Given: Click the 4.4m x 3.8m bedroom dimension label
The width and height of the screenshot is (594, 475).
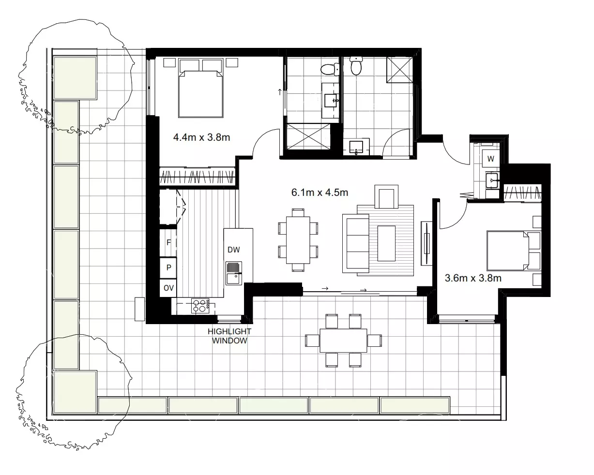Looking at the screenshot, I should [201, 137].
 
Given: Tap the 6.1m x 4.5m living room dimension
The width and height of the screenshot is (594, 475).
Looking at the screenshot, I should [320, 192].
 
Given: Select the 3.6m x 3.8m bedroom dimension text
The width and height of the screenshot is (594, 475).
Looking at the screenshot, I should [472, 278].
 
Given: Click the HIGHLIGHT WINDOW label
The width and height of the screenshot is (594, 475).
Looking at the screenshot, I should [229, 336].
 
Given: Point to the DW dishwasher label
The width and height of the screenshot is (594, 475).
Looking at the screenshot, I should [234, 250].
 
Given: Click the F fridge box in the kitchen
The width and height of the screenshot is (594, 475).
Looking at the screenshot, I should [168, 242].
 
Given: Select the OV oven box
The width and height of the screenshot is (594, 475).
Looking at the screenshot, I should [168, 288].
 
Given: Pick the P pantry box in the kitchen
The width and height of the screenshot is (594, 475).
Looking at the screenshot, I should [168, 267].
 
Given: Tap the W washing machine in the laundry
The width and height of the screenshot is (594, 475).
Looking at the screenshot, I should [490, 159].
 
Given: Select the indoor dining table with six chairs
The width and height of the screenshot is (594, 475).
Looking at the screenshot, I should [298, 239].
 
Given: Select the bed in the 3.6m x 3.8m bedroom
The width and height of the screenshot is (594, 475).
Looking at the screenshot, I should [508, 251].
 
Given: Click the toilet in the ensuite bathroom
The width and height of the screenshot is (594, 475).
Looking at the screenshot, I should [331, 69].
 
